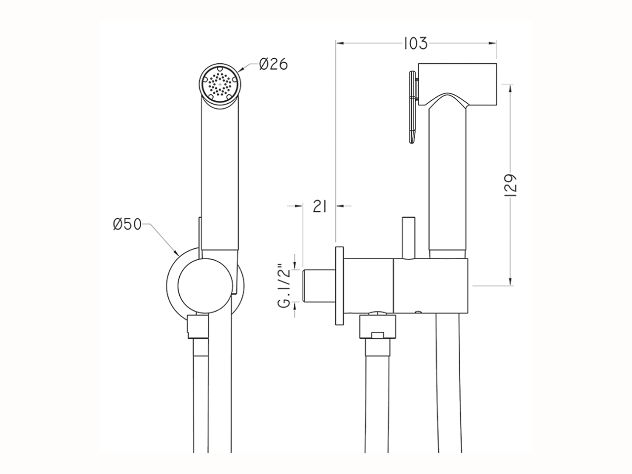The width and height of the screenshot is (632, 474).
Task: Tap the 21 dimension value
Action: (x=320, y=206)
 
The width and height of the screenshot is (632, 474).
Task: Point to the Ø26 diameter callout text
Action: (x=273, y=64)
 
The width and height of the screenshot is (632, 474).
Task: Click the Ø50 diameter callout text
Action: (x=127, y=225)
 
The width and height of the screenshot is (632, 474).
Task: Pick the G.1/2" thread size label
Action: (x=283, y=286)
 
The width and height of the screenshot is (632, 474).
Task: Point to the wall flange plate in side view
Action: (x=340, y=286)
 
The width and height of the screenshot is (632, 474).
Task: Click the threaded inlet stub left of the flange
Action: (x=318, y=286)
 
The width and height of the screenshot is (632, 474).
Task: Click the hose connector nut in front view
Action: (x=197, y=327)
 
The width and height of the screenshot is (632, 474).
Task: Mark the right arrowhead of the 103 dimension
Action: (x=493, y=43)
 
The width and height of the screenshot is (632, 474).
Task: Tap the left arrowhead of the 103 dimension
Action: (x=339, y=43)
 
